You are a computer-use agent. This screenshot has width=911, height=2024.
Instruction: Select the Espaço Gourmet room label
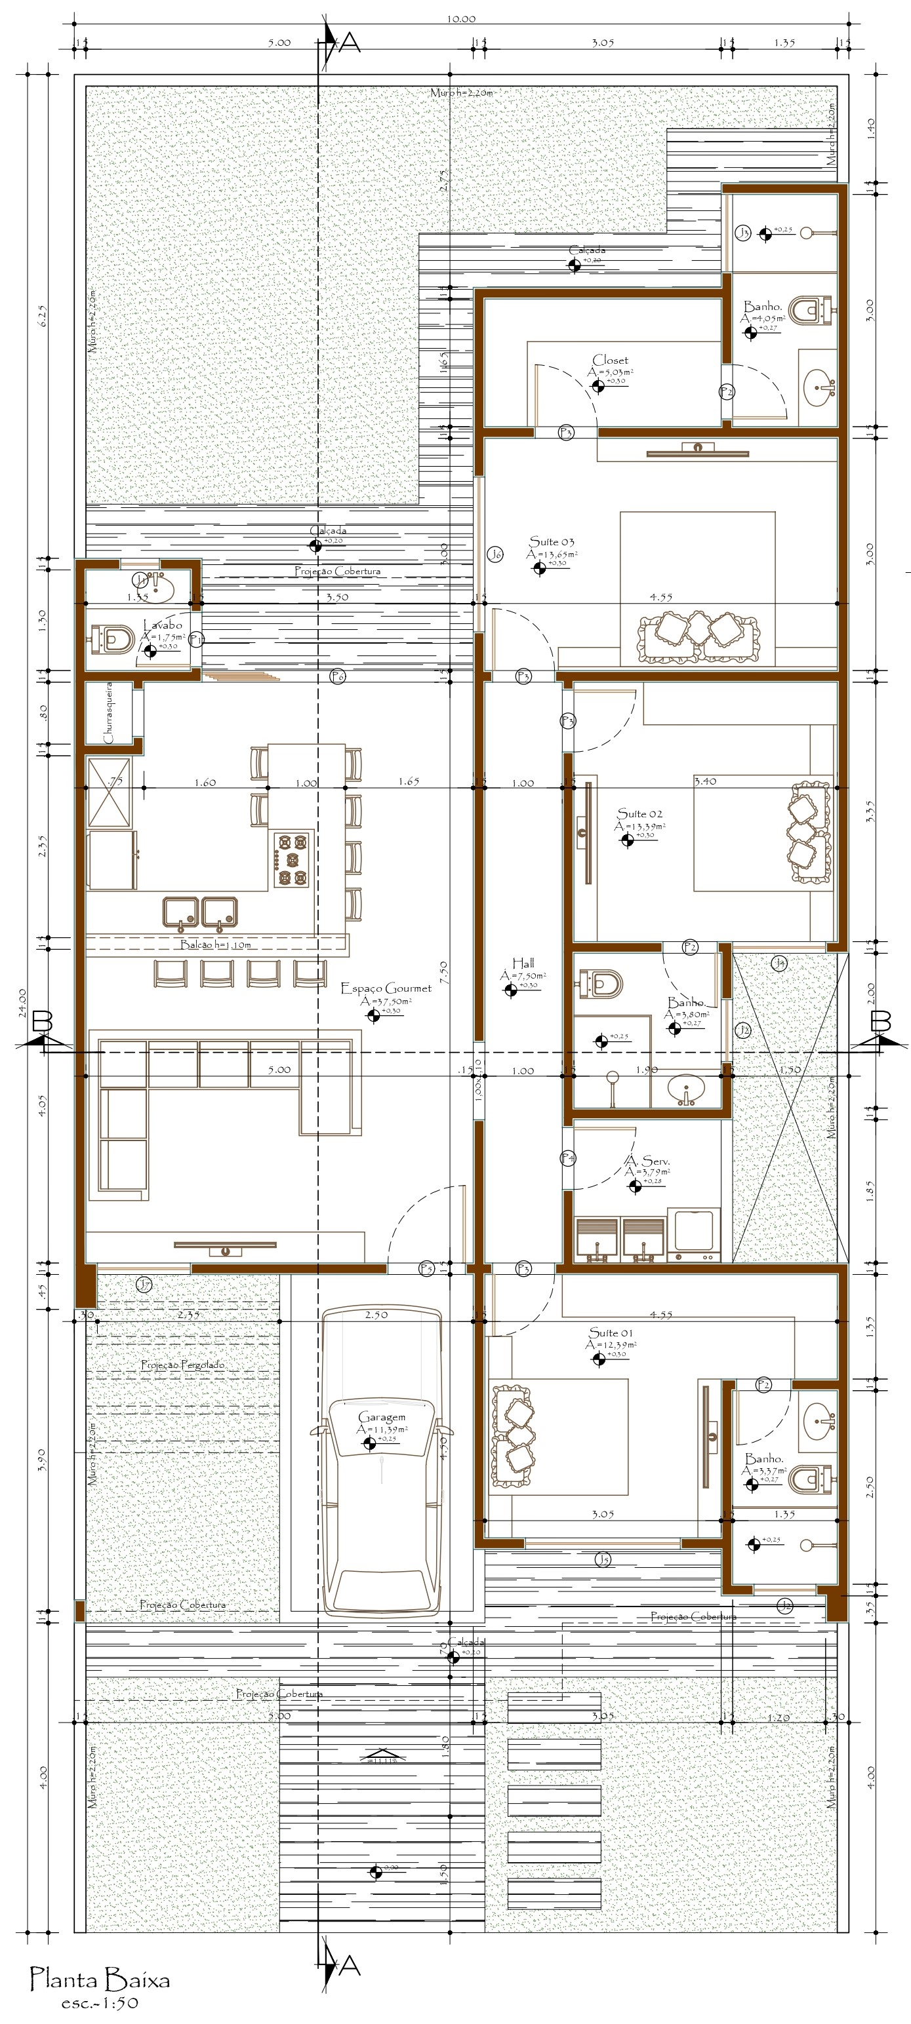click(385, 988)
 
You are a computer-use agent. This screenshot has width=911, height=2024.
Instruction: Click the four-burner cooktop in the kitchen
click(293, 858)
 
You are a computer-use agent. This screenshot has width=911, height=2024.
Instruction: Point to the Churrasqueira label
click(108, 712)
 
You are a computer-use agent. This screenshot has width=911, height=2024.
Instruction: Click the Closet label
click(610, 360)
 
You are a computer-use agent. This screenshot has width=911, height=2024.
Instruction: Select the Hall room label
click(523, 962)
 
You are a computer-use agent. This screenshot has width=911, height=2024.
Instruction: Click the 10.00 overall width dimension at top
click(460, 19)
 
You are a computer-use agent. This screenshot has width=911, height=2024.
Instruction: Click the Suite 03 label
click(551, 541)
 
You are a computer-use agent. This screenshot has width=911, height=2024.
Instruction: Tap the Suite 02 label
click(639, 813)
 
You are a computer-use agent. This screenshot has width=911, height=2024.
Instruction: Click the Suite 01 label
click(610, 1333)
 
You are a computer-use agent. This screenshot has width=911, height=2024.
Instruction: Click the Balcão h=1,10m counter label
click(215, 944)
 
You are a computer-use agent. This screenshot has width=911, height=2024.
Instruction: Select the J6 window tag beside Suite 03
click(495, 555)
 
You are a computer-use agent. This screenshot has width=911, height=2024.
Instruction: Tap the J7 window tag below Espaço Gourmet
click(144, 1285)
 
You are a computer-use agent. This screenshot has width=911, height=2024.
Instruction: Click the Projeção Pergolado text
click(182, 1365)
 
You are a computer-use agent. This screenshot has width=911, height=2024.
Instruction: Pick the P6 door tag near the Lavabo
click(337, 676)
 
